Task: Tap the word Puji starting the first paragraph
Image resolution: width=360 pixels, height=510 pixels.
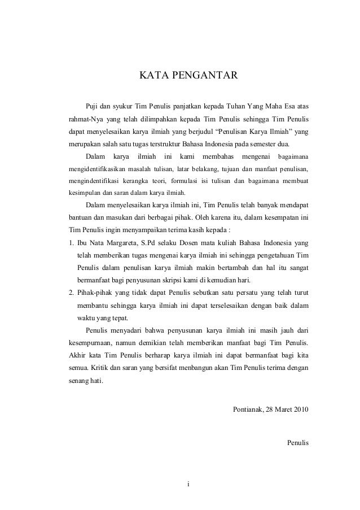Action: (x=92, y=106)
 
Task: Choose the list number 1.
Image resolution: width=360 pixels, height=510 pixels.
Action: (x=64, y=243)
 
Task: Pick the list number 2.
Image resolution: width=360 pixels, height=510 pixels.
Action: (x=64, y=293)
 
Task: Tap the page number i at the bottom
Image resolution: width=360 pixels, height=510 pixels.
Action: (x=189, y=483)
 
